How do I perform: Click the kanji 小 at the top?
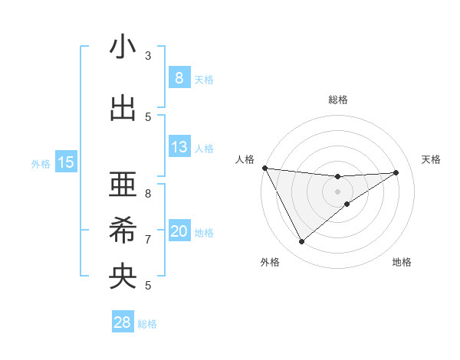coord(123,47)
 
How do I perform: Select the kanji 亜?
coord(123,183)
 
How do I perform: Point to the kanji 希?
coord(123,230)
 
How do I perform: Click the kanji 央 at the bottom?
coord(123,276)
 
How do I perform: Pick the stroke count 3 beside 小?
coord(148,56)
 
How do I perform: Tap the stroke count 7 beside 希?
coord(148,240)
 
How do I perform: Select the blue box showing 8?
coord(179,78)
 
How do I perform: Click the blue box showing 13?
coord(179,147)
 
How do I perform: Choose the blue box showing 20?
coord(179,232)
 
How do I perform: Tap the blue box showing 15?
coord(66,162)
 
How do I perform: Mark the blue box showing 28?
coord(122,322)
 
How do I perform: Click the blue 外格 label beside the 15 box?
coord(41,163)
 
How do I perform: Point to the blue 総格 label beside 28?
coord(148,324)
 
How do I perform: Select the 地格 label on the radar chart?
coord(402,262)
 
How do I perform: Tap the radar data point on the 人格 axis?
coord(264,168)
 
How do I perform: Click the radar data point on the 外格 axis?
coord(301,242)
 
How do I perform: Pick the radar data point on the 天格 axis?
coord(396,172)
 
